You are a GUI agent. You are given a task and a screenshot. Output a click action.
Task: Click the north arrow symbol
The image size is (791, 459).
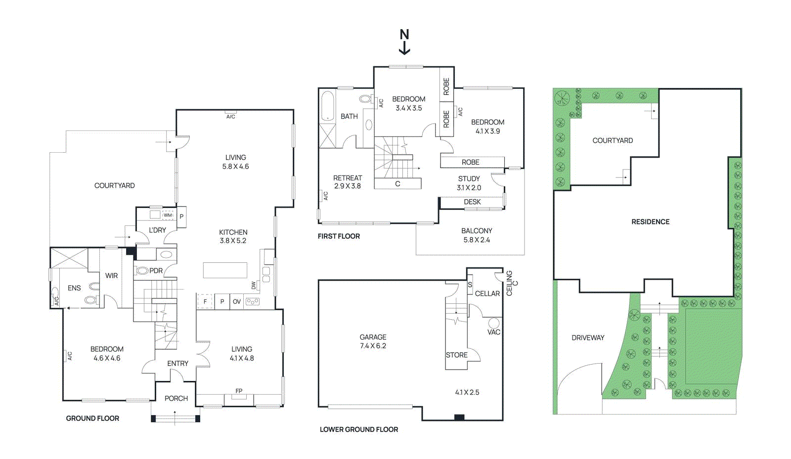point(404,42)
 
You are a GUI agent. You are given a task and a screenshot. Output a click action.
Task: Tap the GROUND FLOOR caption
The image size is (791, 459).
point(92,418)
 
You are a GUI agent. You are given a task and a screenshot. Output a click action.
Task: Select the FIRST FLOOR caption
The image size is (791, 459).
point(339,236)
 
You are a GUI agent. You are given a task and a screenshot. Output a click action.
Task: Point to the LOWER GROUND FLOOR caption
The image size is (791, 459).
point(359,429)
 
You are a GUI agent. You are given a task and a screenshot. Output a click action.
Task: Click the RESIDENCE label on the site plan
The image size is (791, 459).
point(651,221)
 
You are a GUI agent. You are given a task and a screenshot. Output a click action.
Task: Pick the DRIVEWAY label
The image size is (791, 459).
point(588,337)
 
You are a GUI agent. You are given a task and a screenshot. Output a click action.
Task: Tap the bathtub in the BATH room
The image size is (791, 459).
point(328,106)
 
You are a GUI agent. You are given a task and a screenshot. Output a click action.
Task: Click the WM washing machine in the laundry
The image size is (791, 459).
point(168,215)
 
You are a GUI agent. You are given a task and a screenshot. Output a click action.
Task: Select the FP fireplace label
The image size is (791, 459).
point(239,391)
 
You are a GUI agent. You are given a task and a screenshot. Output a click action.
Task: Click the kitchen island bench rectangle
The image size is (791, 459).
point(225,271)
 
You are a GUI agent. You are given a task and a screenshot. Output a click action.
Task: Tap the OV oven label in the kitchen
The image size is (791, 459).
point(237,302)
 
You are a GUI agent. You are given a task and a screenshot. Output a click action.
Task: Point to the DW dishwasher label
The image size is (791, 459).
point(254,285)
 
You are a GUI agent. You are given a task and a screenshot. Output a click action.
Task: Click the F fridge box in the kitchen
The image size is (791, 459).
point(205,302)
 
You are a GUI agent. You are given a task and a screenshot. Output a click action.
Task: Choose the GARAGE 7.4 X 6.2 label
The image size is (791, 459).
point(373,341)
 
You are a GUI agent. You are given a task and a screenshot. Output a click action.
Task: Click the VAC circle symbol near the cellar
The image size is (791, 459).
point(494,323)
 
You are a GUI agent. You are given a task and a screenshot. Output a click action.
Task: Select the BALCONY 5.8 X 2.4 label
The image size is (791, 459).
point(477,235)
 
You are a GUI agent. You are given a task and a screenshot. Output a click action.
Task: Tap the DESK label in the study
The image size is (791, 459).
point(472,202)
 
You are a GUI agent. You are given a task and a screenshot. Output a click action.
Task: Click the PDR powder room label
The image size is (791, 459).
point(156,271)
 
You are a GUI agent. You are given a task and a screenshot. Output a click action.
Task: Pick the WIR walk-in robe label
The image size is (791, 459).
point(112,276)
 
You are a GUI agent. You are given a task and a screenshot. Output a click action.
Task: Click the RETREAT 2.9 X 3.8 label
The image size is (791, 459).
point(348,182)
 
